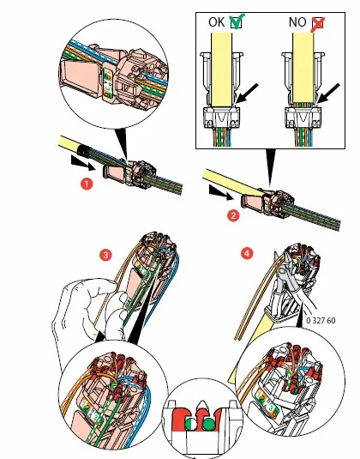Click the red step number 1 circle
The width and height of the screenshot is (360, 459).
87,184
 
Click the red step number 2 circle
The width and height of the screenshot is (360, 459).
233,215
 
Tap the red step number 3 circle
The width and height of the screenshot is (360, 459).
105,255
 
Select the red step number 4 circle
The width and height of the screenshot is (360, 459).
247,253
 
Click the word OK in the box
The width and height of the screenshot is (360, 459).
216,22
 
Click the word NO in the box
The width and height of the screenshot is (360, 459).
297,22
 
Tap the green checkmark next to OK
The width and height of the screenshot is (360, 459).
236,21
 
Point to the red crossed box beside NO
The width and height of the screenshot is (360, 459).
318,23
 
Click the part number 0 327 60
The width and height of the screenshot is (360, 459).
321,320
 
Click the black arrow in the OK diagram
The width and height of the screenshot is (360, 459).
246,94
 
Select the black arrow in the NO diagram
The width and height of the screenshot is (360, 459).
327,94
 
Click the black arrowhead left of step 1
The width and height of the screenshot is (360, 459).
83,163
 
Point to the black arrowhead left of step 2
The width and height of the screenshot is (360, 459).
222,193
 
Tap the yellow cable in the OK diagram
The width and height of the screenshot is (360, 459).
222,69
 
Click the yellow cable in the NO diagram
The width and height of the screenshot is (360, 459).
303,67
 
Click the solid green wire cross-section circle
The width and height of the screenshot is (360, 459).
208,424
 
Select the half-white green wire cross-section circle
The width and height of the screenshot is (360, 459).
190,424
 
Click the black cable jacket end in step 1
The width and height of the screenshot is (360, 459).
84,151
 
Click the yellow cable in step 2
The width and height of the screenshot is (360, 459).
232,182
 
